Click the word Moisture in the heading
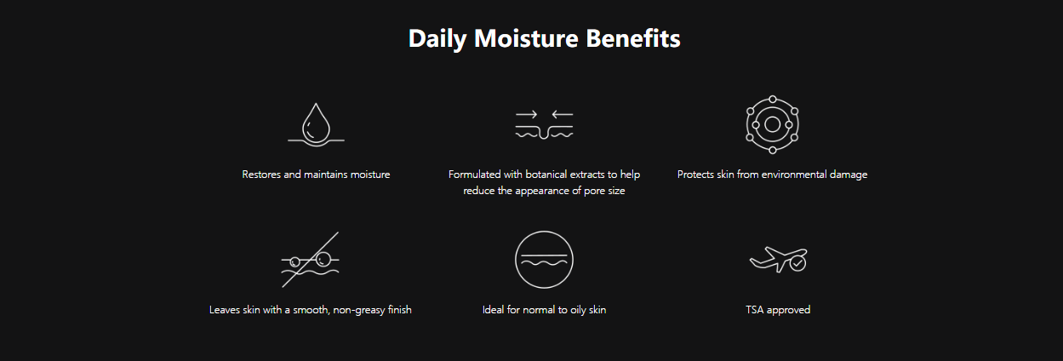[x=526, y=38]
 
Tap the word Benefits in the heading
[x=633, y=38]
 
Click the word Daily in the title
[x=437, y=39]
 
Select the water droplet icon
[x=316, y=124]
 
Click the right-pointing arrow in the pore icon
[x=526, y=114]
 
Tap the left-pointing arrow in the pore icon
[x=563, y=114]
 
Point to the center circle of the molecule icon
[x=773, y=124]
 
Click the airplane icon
[x=778, y=260]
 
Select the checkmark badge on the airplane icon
[x=797, y=264]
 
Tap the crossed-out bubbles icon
[x=311, y=260]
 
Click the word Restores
[x=261, y=175]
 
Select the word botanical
[x=546, y=175]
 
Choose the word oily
[x=578, y=310]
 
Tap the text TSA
[x=755, y=310]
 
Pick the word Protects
[x=695, y=175]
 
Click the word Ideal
[x=493, y=310]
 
